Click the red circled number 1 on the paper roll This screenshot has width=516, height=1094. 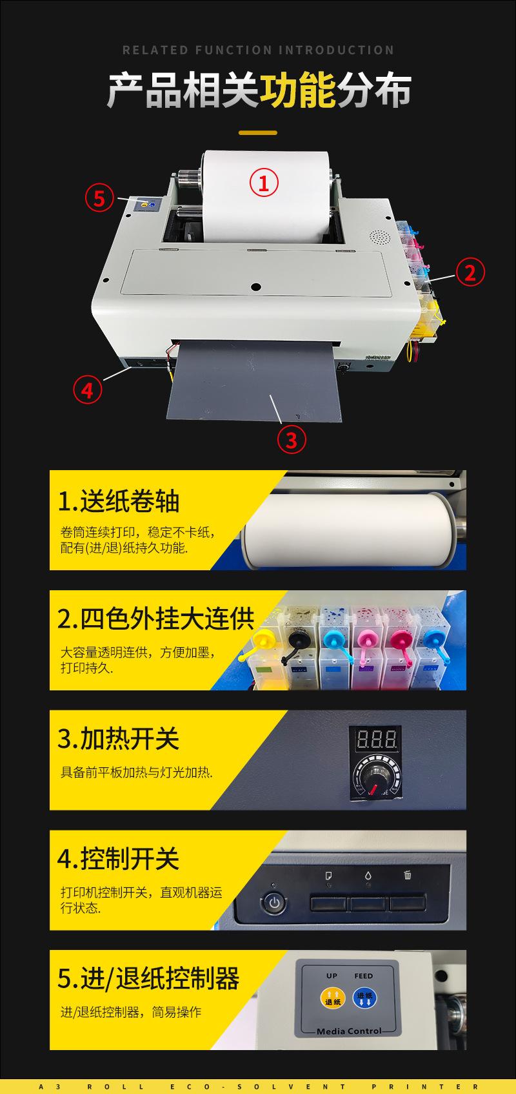[x=264, y=182]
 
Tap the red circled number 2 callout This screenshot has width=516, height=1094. [x=470, y=272]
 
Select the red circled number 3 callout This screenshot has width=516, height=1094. [x=291, y=440]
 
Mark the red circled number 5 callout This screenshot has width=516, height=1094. [x=99, y=198]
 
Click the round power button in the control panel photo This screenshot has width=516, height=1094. [x=275, y=902]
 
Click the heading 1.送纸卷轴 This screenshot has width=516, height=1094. [x=119, y=501]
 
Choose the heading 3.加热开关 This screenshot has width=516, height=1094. [x=119, y=739]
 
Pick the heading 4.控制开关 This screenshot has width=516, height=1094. [x=119, y=859]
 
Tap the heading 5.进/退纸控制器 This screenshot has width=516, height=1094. [x=148, y=978]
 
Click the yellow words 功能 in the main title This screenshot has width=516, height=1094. [x=298, y=90]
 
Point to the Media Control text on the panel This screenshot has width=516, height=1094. [x=349, y=1031]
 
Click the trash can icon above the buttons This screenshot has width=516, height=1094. [x=408, y=875]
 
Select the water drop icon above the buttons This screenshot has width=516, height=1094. [x=368, y=876]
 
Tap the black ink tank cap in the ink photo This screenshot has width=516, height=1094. [x=296, y=639]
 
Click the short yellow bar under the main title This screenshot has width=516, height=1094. [x=258, y=133]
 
